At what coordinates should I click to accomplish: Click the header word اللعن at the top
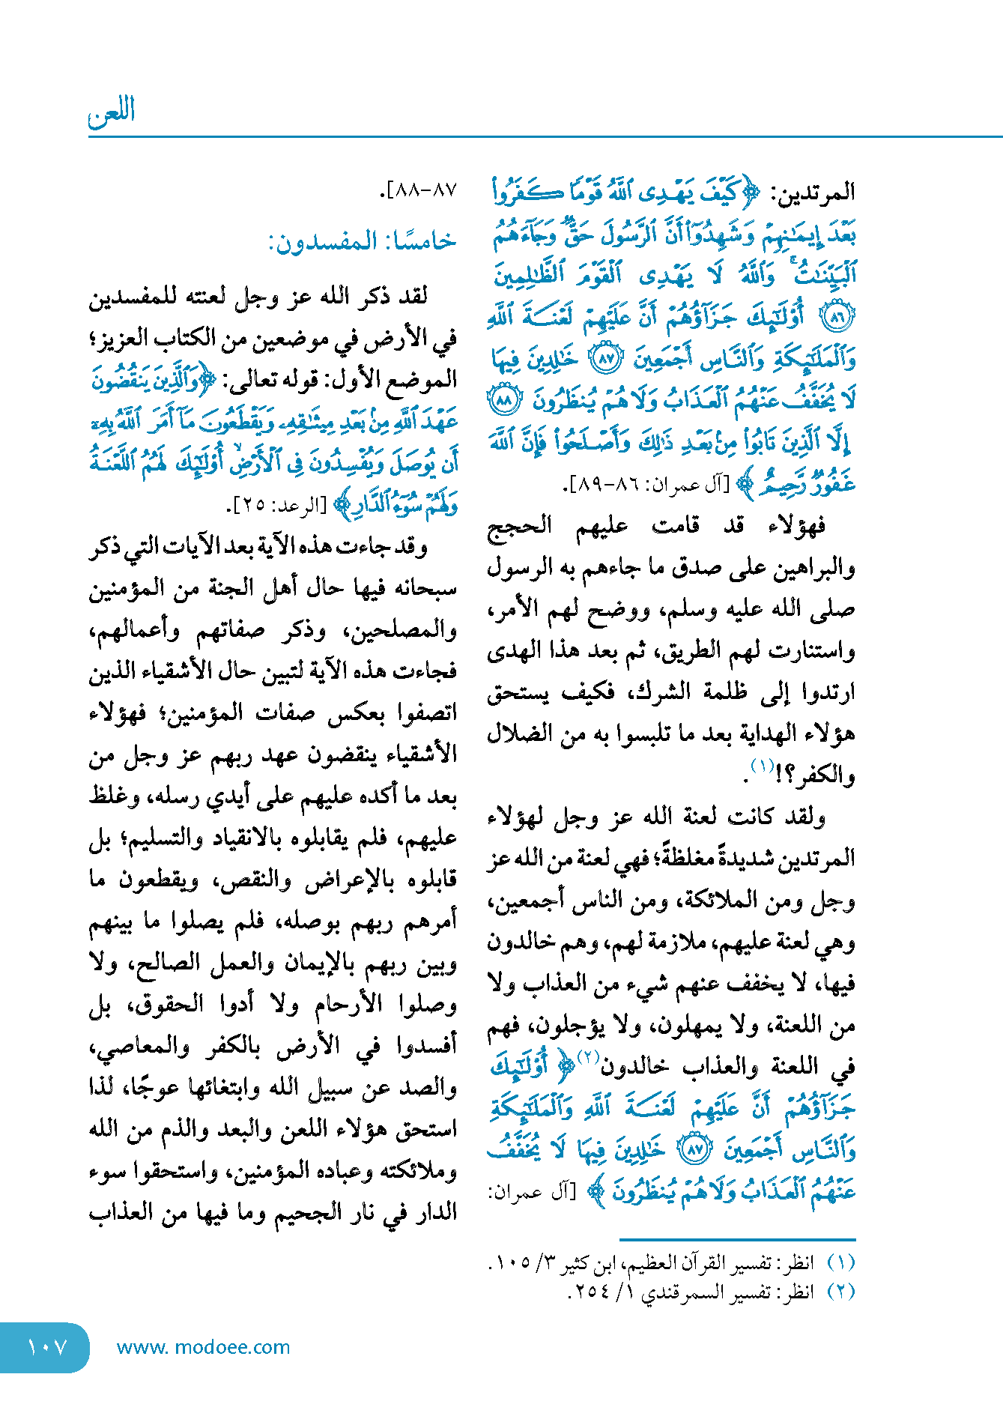coord(112,112)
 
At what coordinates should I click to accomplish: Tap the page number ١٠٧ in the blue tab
coord(46,1347)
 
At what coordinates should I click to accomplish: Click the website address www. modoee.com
coord(203,1347)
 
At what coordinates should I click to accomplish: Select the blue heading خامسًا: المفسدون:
coord(363,241)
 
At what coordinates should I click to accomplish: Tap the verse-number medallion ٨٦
coord(837,318)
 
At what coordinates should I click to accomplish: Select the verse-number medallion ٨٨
coord(503,401)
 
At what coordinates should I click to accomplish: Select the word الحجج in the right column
coord(519,527)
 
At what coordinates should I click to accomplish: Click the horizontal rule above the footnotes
coord(737,1240)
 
